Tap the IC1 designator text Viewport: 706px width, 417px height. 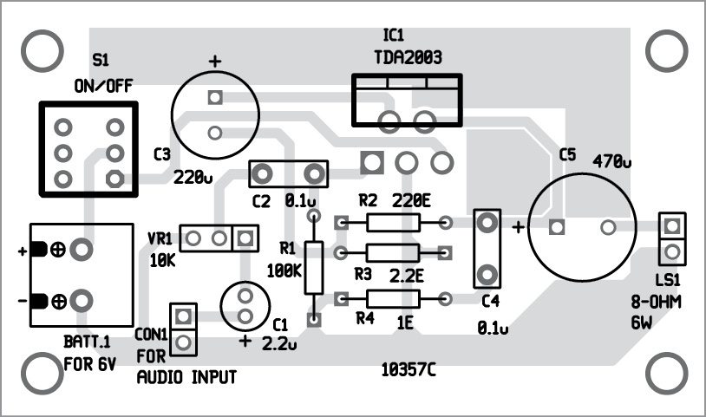[393, 36]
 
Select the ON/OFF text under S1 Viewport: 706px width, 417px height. [101, 87]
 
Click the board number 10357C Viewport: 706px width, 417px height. [408, 371]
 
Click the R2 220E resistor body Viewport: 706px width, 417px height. [393, 223]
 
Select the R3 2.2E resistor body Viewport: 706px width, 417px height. [393, 252]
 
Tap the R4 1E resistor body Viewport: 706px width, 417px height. [393, 299]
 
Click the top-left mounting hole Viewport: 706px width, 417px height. [39, 52]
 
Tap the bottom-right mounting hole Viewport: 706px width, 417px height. [668, 372]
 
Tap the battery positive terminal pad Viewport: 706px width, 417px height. [82, 250]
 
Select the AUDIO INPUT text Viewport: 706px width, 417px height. [186, 378]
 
